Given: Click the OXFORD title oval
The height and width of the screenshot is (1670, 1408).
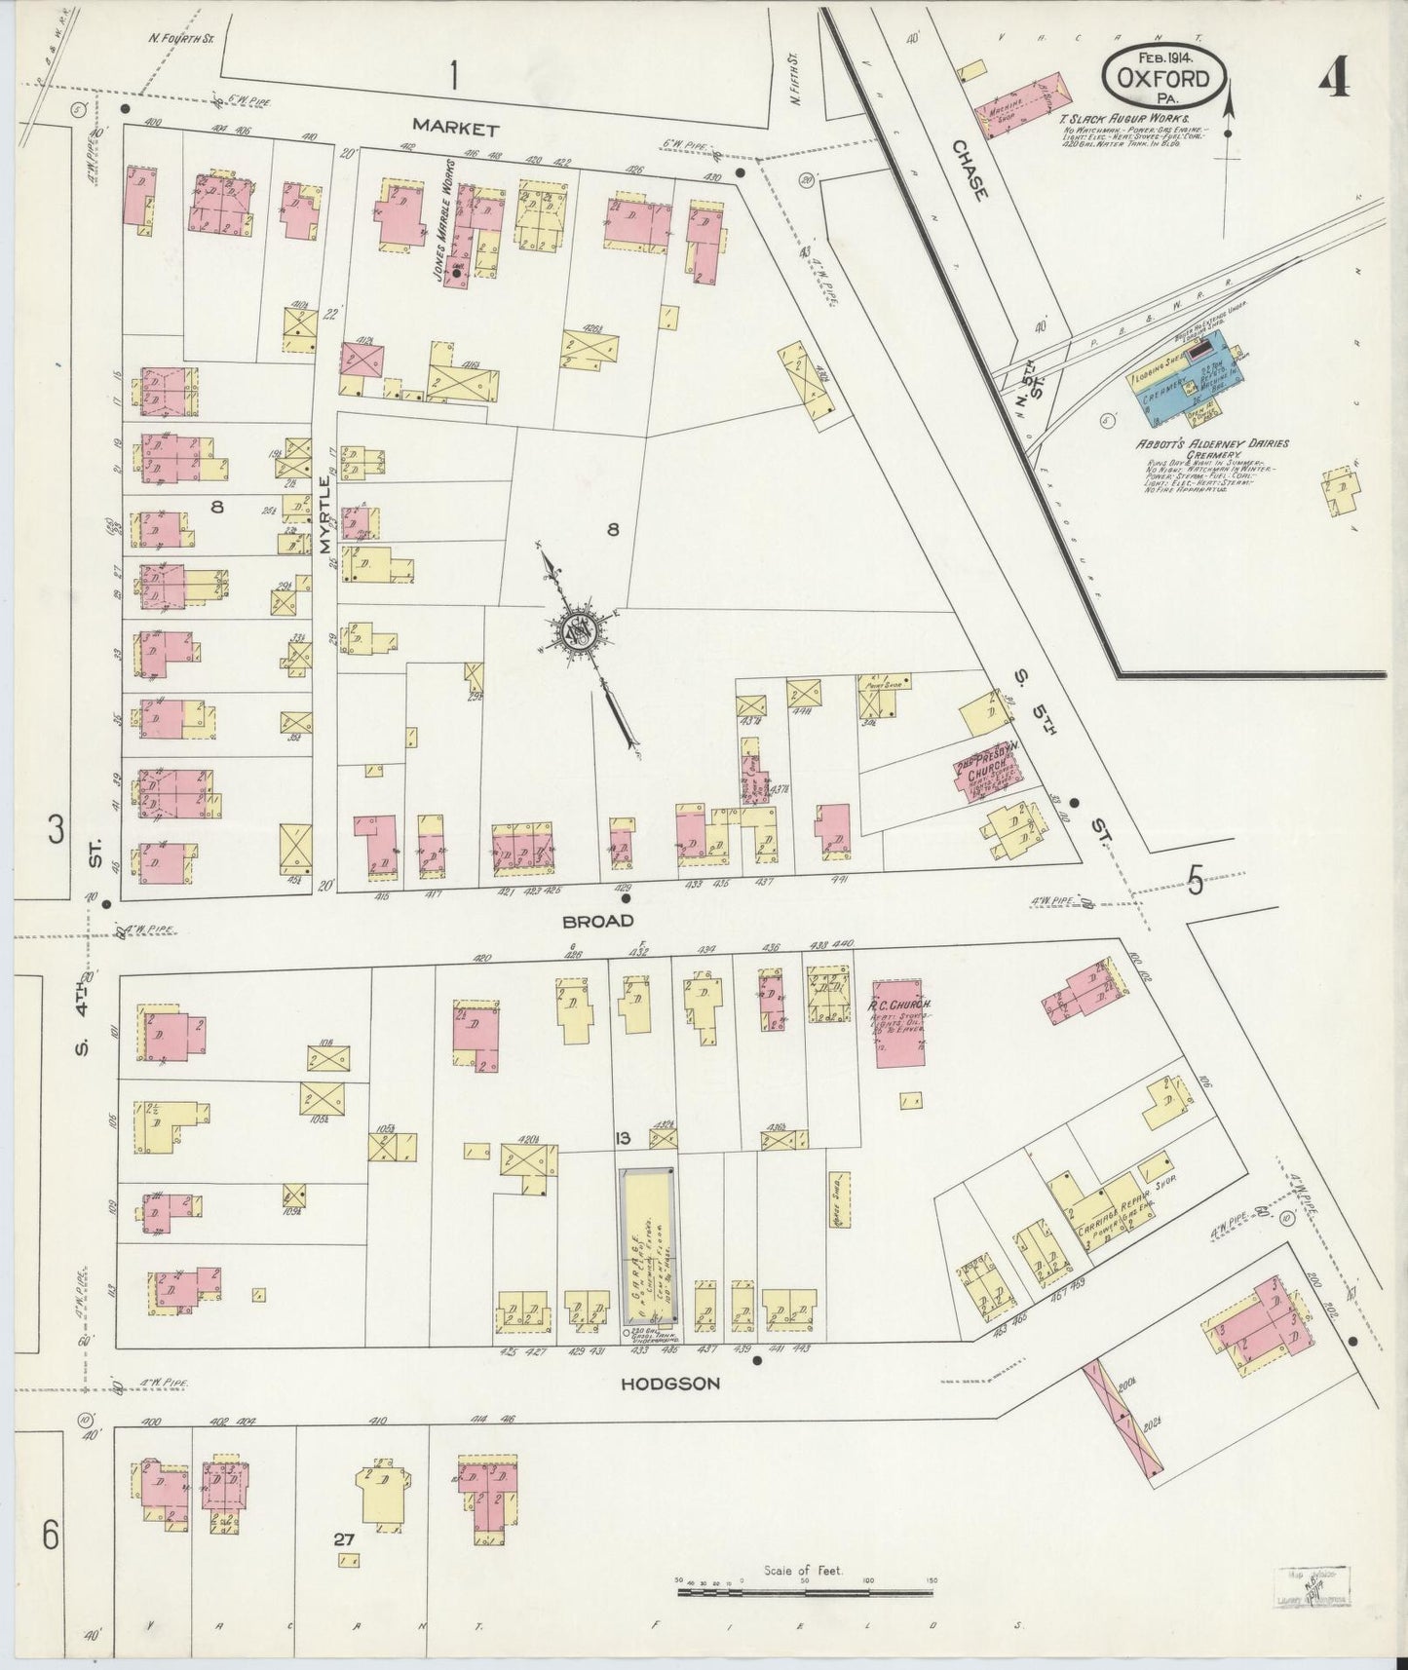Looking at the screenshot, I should coord(1163,79).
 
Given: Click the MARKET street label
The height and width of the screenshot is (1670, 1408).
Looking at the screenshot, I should coord(455,128).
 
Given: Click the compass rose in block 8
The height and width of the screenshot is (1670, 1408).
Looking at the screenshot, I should coord(577,634).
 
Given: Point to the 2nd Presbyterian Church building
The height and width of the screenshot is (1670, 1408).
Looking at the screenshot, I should coord(987,775).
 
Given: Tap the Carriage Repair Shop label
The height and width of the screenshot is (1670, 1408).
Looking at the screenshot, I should coord(1121,1208).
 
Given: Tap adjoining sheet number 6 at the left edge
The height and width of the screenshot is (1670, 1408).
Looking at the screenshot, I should coord(51,1537).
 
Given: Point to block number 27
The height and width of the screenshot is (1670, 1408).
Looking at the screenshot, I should coord(341,1540).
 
